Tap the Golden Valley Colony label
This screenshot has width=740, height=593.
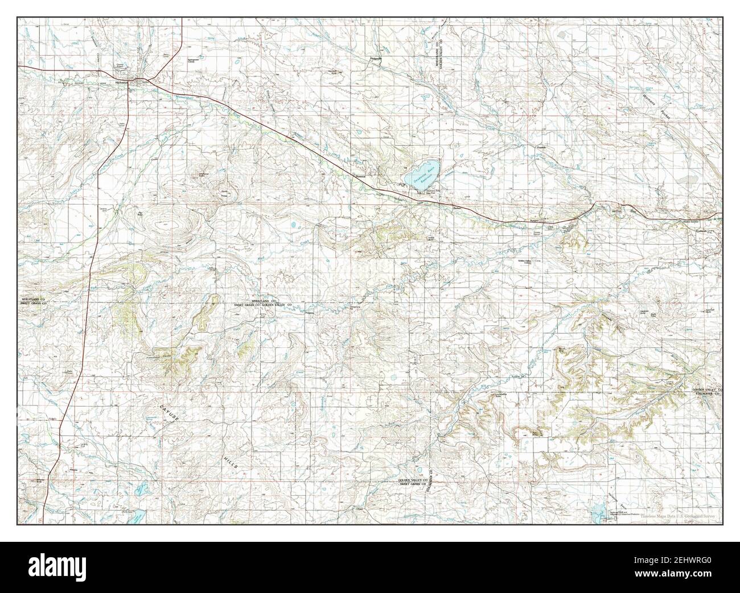(528, 262)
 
